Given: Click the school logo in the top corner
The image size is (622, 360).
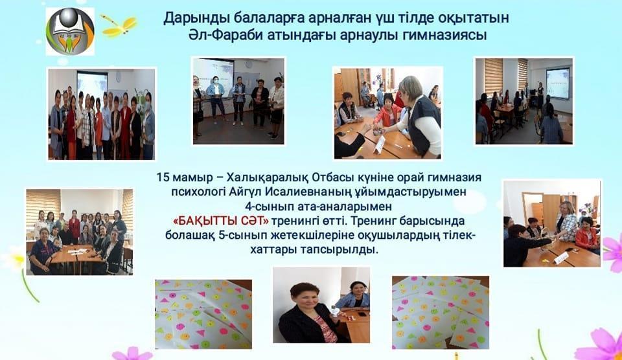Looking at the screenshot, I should (70, 30).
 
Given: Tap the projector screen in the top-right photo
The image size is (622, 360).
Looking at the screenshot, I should (557, 83).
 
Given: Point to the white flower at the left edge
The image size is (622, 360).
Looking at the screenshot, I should (13, 258).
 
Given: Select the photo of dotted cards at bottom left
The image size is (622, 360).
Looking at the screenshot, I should (203, 314).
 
